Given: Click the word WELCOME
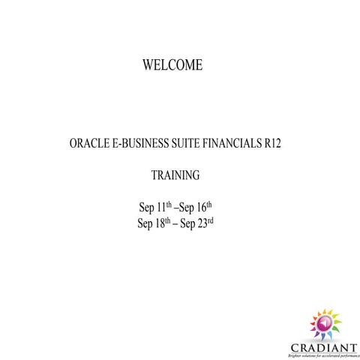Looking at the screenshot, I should [x=172, y=66].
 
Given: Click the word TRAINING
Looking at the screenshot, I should [x=175, y=176].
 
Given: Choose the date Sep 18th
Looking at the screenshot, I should [x=154, y=223].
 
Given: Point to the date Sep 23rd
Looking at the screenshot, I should [x=198, y=223].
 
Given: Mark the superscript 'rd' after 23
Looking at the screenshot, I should [x=211, y=220].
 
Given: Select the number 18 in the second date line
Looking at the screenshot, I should [x=160, y=223].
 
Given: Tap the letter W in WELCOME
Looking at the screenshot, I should [x=148, y=66].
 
